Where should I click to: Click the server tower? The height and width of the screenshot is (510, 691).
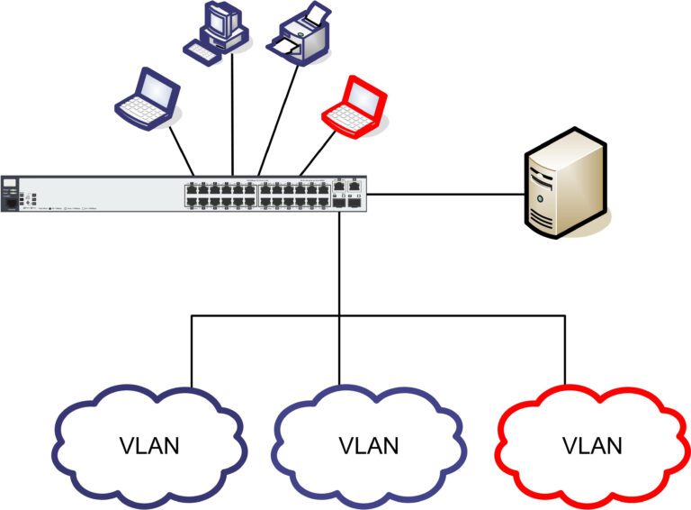(564, 185)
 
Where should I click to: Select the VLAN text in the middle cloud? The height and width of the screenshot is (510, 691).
(370, 444)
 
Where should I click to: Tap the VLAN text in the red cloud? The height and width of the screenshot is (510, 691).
(592, 444)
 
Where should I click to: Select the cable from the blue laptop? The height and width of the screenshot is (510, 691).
(180, 149)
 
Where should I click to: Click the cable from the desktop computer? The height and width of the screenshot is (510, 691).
(233, 117)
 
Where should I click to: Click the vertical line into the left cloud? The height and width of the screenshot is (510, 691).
(192, 351)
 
